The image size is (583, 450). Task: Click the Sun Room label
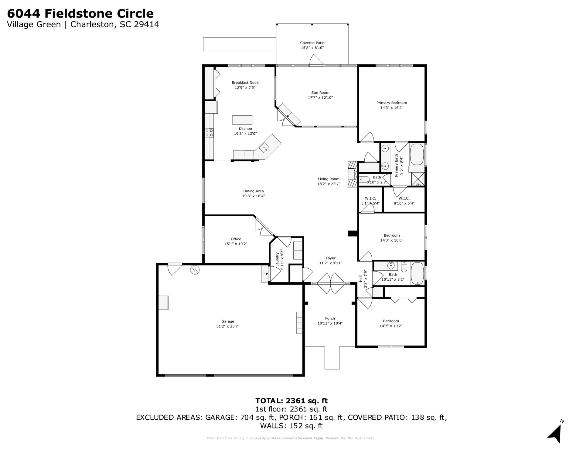coord(320,93)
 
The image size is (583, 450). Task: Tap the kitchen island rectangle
coord(242,120)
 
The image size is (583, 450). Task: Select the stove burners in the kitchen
coord(209,133)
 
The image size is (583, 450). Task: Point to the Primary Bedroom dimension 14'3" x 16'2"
coord(391,108)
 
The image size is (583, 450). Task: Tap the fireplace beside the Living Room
coord(352,174)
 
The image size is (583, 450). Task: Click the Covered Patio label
coord(312,43)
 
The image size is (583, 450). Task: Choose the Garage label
coord(227,321)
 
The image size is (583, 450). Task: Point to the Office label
coord(236,239)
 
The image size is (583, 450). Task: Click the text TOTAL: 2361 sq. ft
coord(291,401)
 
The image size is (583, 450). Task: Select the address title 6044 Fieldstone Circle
coord(80,13)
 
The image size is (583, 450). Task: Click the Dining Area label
coord(253,191)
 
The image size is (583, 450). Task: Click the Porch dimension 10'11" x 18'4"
coord(330,323)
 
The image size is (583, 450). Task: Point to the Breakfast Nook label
coord(245,83)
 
